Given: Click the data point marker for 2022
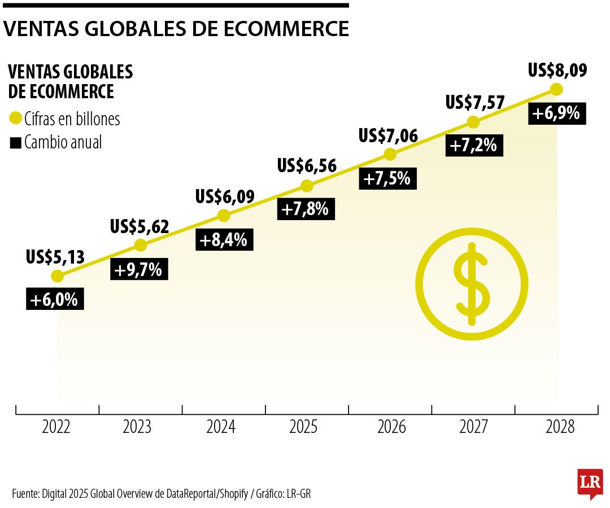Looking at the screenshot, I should tap(57, 276).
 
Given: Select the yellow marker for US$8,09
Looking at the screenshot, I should tap(556, 89).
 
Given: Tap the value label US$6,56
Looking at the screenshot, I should tap(307, 165).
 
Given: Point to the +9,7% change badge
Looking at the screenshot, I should tap(138, 270).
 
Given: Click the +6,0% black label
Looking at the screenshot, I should tap(55, 300).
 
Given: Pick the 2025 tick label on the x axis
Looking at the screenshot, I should tap(303, 427).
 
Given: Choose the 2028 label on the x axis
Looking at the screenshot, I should tap(560, 427).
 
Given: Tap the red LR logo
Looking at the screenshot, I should tap(590, 483).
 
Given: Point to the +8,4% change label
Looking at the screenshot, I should tap(224, 240).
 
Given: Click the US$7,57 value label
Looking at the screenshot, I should tap(474, 103).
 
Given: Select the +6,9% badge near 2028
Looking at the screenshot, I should tap(556, 113).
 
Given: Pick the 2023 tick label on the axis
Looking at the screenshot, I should tap(137, 427).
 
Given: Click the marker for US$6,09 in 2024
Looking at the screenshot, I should tap(224, 216).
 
